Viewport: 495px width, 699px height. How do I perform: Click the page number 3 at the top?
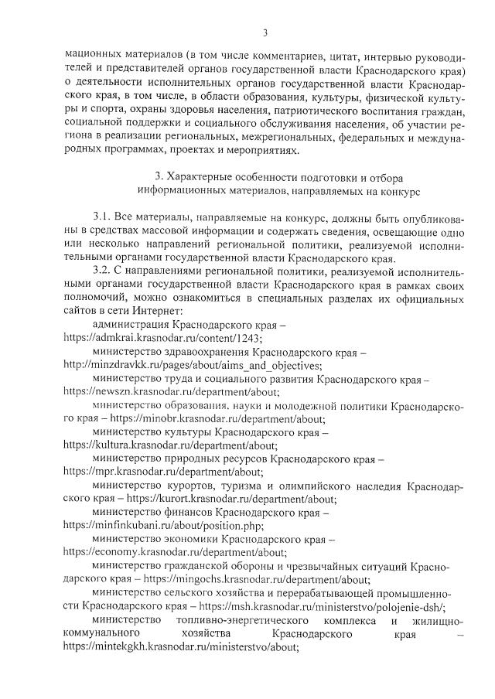click(265, 32)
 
